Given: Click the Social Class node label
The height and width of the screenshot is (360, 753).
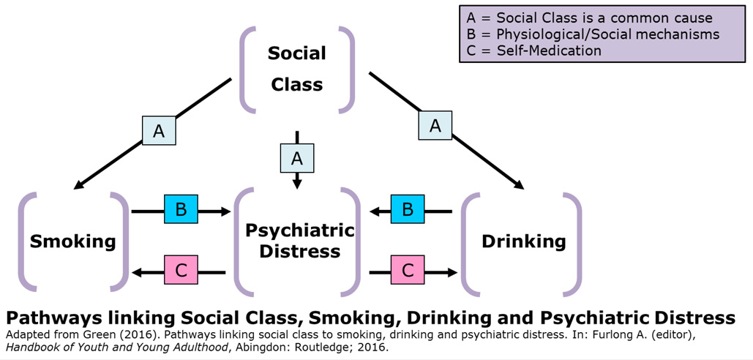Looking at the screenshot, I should tap(296, 69).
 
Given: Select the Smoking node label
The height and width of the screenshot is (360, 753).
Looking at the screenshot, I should tap(72, 241).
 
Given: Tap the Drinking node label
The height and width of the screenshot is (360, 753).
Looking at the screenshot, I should tap(523, 241).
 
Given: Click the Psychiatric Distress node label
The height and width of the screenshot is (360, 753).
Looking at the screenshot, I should tap(299, 241).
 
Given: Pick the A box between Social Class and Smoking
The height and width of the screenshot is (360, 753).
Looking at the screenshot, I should tap(159, 131).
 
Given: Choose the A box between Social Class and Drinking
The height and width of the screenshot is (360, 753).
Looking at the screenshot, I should tap(435, 126).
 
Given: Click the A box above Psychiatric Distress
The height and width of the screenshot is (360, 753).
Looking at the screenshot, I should tap(297, 158).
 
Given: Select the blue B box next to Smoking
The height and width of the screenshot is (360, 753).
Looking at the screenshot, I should tap(181, 210).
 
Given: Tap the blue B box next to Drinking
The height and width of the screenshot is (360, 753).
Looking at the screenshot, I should tap(408, 210).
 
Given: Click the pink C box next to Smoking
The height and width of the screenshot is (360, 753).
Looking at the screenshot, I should tap(181, 271).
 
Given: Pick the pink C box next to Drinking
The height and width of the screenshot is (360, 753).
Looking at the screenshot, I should tap(408, 271).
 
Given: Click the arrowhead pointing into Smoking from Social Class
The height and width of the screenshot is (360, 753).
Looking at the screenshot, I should tap(79, 185).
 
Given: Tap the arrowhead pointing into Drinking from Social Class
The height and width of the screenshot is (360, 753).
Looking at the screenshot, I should tap(520, 185).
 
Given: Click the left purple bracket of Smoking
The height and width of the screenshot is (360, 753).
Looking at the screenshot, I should tap(24, 241).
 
